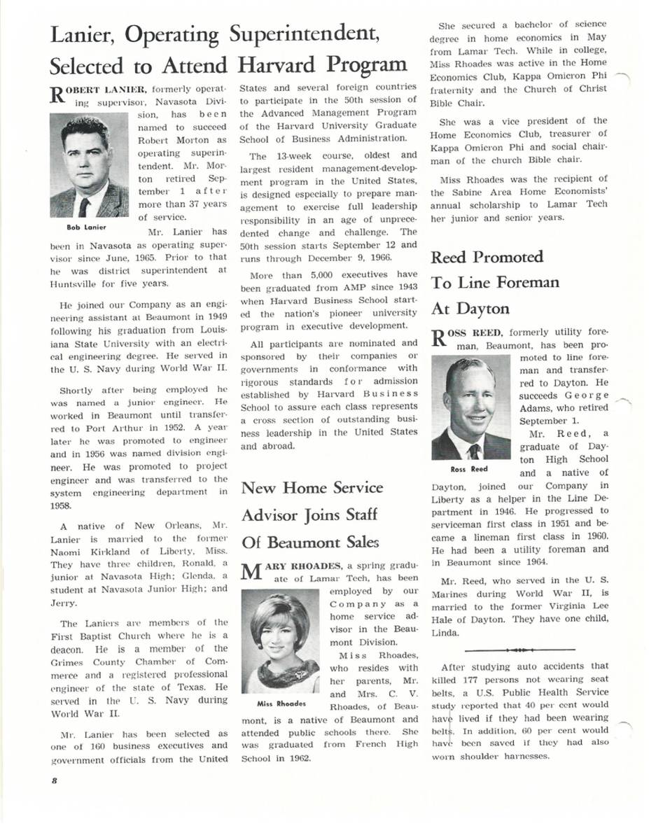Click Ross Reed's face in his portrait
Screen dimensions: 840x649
[469, 397]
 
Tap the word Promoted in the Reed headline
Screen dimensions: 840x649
[507, 257]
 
